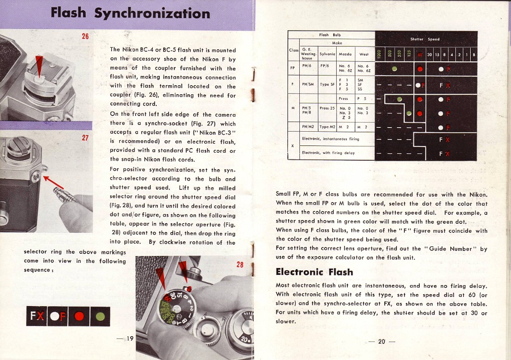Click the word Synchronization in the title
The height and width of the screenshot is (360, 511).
tap(152, 12)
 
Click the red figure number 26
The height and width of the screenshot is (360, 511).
tap(85, 37)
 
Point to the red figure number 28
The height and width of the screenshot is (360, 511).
tap(240, 265)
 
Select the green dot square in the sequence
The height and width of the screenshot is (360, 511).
tap(100, 314)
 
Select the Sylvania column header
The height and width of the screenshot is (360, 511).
tap(328, 55)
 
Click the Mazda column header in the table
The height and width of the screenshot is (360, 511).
tap(345, 55)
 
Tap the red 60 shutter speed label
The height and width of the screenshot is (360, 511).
tap(420, 55)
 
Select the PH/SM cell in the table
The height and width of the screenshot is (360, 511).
tap(308, 86)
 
